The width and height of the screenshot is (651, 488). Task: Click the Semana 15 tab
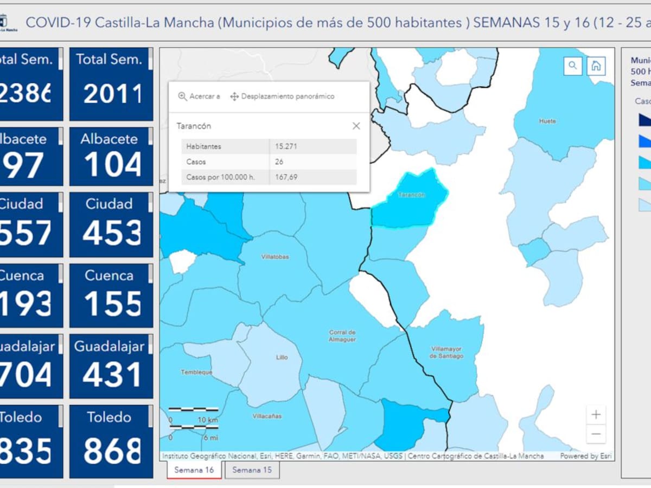[x=252, y=470]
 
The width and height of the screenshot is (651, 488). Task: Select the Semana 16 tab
[x=194, y=470]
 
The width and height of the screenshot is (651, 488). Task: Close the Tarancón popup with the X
[x=356, y=126]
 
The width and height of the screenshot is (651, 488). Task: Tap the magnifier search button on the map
[x=573, y=66]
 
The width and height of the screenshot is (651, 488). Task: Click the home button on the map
[x=596, y=66]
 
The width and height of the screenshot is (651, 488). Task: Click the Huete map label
[x=547, y=121]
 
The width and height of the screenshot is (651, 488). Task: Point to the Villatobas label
[x=275, y=256]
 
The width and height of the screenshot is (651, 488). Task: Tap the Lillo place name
[x=282, y=357]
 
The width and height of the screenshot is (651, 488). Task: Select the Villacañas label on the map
[x=267, y=416]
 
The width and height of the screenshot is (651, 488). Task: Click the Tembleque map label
[x=196, y=372]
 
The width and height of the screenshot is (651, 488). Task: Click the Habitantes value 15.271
[x=286, y=146]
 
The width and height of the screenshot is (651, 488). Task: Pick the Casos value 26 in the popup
[x=279, y=162]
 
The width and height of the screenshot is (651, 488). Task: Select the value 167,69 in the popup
[x=286, y=177]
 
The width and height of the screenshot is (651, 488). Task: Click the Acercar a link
[x=199, y=97]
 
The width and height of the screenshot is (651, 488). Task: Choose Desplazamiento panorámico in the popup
[x=282, y=97]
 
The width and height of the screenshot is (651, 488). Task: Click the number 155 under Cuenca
[x=112, y=303]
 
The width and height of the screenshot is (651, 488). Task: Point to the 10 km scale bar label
[x=208, y=420]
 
